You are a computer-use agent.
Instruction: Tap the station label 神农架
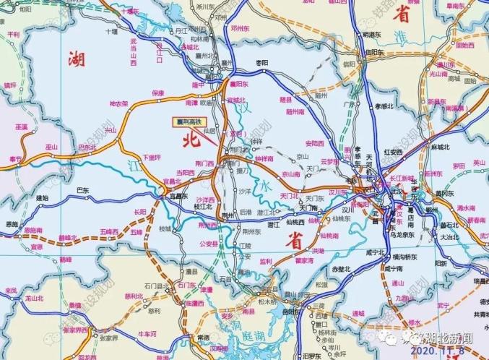118,103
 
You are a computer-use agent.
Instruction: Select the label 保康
158,93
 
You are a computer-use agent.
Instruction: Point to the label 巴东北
86,147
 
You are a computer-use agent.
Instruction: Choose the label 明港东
373,34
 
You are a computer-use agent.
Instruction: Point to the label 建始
42,197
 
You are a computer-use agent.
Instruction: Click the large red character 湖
76,61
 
